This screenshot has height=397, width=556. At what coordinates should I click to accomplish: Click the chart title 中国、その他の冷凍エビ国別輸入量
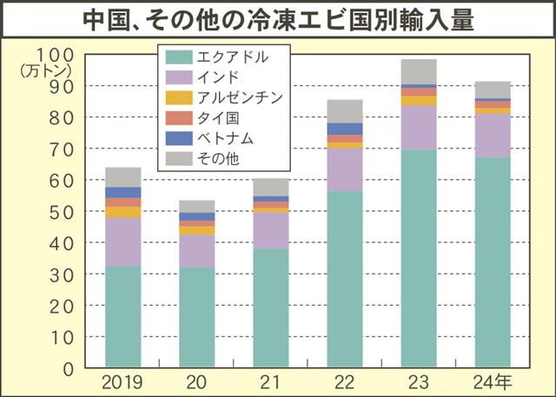coord(278,19)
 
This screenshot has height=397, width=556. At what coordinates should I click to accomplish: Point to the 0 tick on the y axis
coord(68,367)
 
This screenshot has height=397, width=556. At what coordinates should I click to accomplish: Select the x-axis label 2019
coord(122,381)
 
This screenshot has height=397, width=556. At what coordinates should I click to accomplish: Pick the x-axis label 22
coord(345,381)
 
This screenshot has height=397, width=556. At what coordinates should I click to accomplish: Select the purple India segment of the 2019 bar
coord(122,242)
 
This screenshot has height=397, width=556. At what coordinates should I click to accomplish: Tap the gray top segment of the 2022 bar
coord(345,111)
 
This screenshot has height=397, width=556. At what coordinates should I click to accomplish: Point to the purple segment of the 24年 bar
coord(493,136)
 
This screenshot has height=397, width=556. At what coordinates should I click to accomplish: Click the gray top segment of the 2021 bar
coord(271,187)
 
